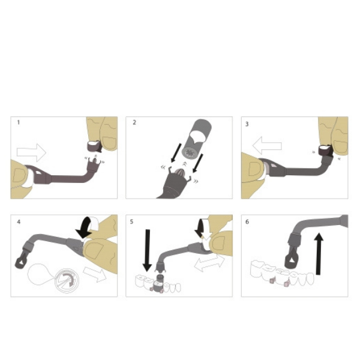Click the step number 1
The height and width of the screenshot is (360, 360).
[19, 122]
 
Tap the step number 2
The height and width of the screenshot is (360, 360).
[134, 122]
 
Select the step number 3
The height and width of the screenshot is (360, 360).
[247, 124]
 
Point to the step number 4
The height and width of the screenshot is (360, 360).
[19, 222]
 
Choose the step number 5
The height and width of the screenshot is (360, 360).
[131, 222]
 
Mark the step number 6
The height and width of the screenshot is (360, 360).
[247, 222]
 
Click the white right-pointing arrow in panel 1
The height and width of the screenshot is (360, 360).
[31, 152]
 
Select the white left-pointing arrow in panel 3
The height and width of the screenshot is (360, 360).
[267, 145]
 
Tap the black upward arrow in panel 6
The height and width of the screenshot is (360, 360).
[319, 253]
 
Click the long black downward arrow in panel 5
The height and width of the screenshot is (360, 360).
[148, 250]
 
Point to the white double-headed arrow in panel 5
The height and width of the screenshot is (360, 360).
[209, 263]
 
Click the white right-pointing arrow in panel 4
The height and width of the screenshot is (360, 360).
[95, 274]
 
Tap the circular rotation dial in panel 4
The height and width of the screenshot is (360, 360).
[67, 280]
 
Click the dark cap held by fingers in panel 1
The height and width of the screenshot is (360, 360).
[94, 146]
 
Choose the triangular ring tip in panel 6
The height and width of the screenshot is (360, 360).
[292, 260]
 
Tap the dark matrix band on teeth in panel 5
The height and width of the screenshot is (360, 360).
[158, 286]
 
